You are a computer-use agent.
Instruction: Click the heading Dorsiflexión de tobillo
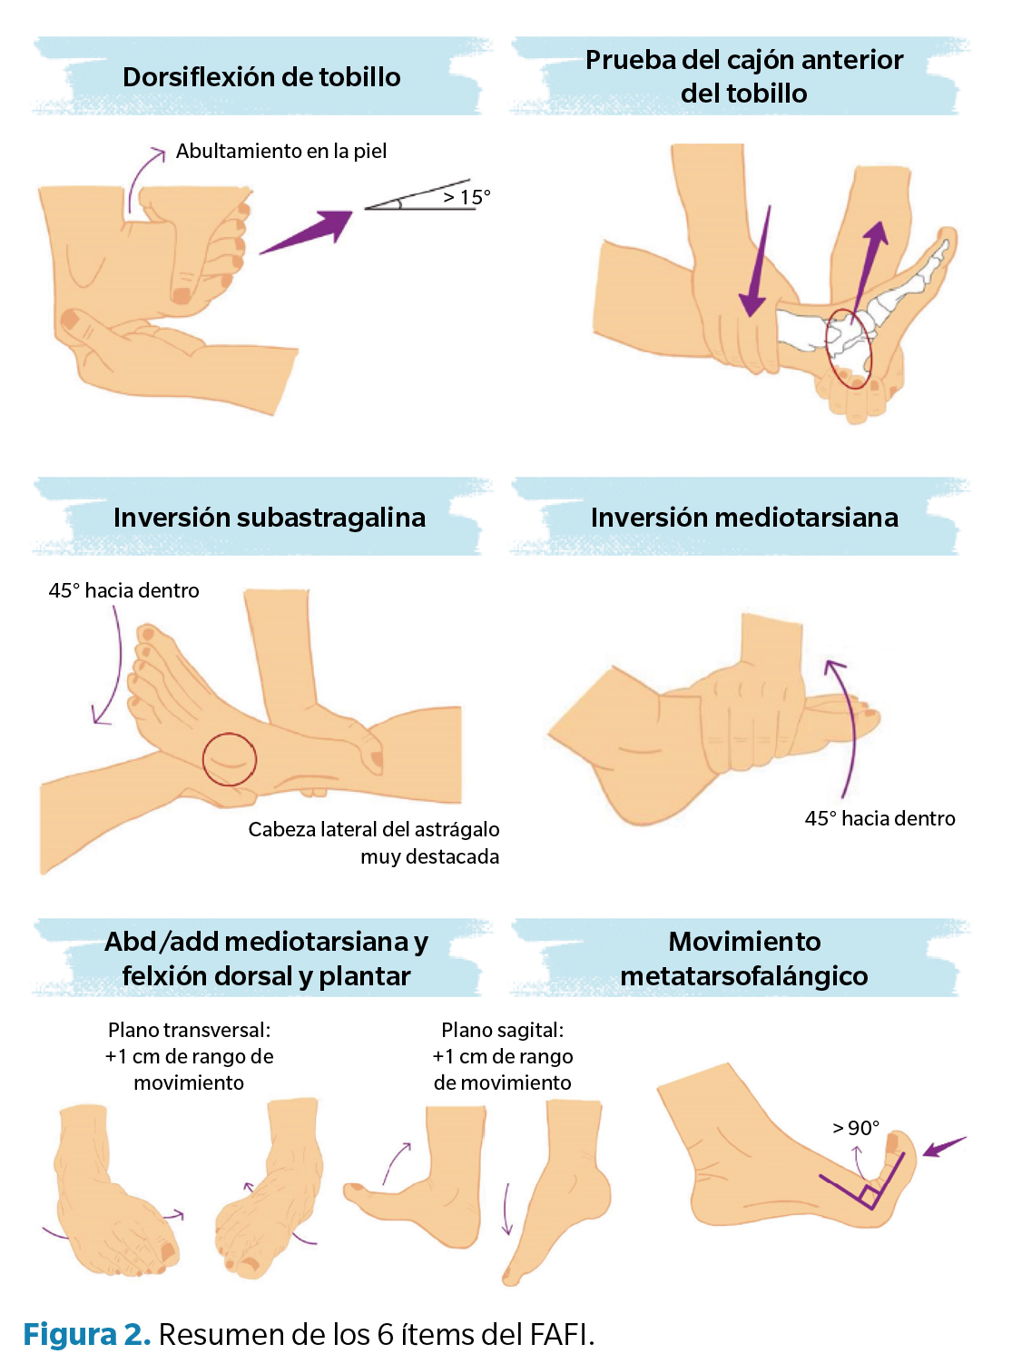click(x=261, y=77)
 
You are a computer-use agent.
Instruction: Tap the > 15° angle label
click(x=467, y=197)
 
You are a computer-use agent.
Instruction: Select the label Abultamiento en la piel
click(x=281, y=151)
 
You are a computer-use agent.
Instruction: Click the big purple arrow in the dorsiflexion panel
click(x=309, y=231)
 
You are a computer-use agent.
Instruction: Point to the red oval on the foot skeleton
click(x=848, y=349)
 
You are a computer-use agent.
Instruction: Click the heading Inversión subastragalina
click(x=269, y=518)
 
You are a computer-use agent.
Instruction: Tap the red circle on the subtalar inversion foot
click(x=230, y=759)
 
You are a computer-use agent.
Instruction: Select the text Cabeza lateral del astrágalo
click(x=373, y=829)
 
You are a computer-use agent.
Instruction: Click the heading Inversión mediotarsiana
click(x=744, y=518)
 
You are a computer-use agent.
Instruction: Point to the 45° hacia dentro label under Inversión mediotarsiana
click(x=879, y=818)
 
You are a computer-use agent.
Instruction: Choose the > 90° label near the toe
click(x=856, y=1128)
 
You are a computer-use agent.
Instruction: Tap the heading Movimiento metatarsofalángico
click(x=744, y=958)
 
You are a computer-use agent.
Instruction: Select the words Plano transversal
click(x=189, y=1030)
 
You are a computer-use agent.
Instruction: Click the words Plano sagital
click(x=502, y=1030)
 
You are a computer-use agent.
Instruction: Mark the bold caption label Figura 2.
click(x=86, y=1334)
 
